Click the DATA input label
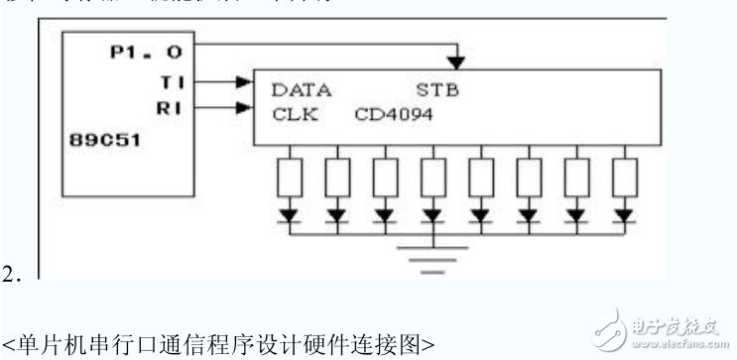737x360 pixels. tap(302, 89)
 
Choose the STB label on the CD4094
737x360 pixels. tap(439, 89)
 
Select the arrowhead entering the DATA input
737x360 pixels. tap(245, 83)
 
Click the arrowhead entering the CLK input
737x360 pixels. tap(245, 107)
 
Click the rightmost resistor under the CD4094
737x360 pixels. tap(623, 179)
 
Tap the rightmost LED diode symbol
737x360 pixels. tap(623, 212)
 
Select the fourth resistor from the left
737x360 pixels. tap(433, 179)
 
